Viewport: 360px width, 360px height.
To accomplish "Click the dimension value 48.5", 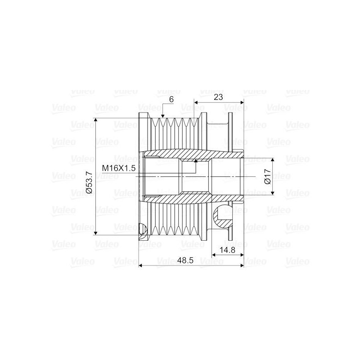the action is (x=185, y=261).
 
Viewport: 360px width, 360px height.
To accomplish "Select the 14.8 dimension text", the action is (x=227, y=250).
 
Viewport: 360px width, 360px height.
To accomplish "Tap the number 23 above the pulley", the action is (x=218, y=97).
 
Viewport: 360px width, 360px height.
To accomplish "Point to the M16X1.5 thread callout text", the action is (x=119, y=168).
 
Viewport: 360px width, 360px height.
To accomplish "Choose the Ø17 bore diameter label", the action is (x=268, y=176).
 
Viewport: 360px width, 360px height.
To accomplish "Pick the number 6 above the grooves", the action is (x=171, y=99).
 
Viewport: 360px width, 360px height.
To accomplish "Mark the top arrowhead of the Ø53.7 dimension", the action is (x=96, y=121).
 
